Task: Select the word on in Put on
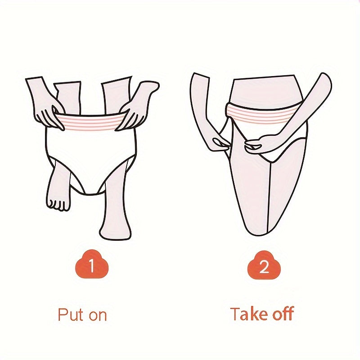(98, 315)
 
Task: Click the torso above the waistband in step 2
(264, 91)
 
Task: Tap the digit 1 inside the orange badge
(92, 265)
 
